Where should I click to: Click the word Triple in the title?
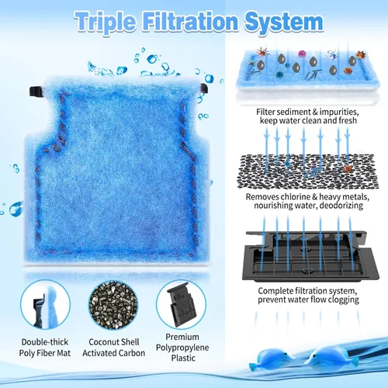click(106, 23)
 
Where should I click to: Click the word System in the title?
click(284, 23)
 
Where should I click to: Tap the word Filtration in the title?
click(190, 21)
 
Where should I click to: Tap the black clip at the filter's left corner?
click(36, 92)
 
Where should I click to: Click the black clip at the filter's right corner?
click(204, 88)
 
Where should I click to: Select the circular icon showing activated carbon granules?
click(113, 305)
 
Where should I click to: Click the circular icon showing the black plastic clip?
click(181, 305)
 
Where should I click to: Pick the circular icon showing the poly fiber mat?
click(45, 305)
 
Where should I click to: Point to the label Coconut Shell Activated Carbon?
click(114, 348)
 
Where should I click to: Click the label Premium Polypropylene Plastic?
click(182, 348)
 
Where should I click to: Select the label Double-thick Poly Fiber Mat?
click(45, 348)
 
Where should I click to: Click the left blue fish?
click(272, 359)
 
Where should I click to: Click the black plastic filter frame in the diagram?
click(310, 256)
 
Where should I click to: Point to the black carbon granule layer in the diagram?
click(308, 171)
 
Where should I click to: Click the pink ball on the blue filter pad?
click(302, 54)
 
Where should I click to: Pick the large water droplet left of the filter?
click(16, 209)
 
